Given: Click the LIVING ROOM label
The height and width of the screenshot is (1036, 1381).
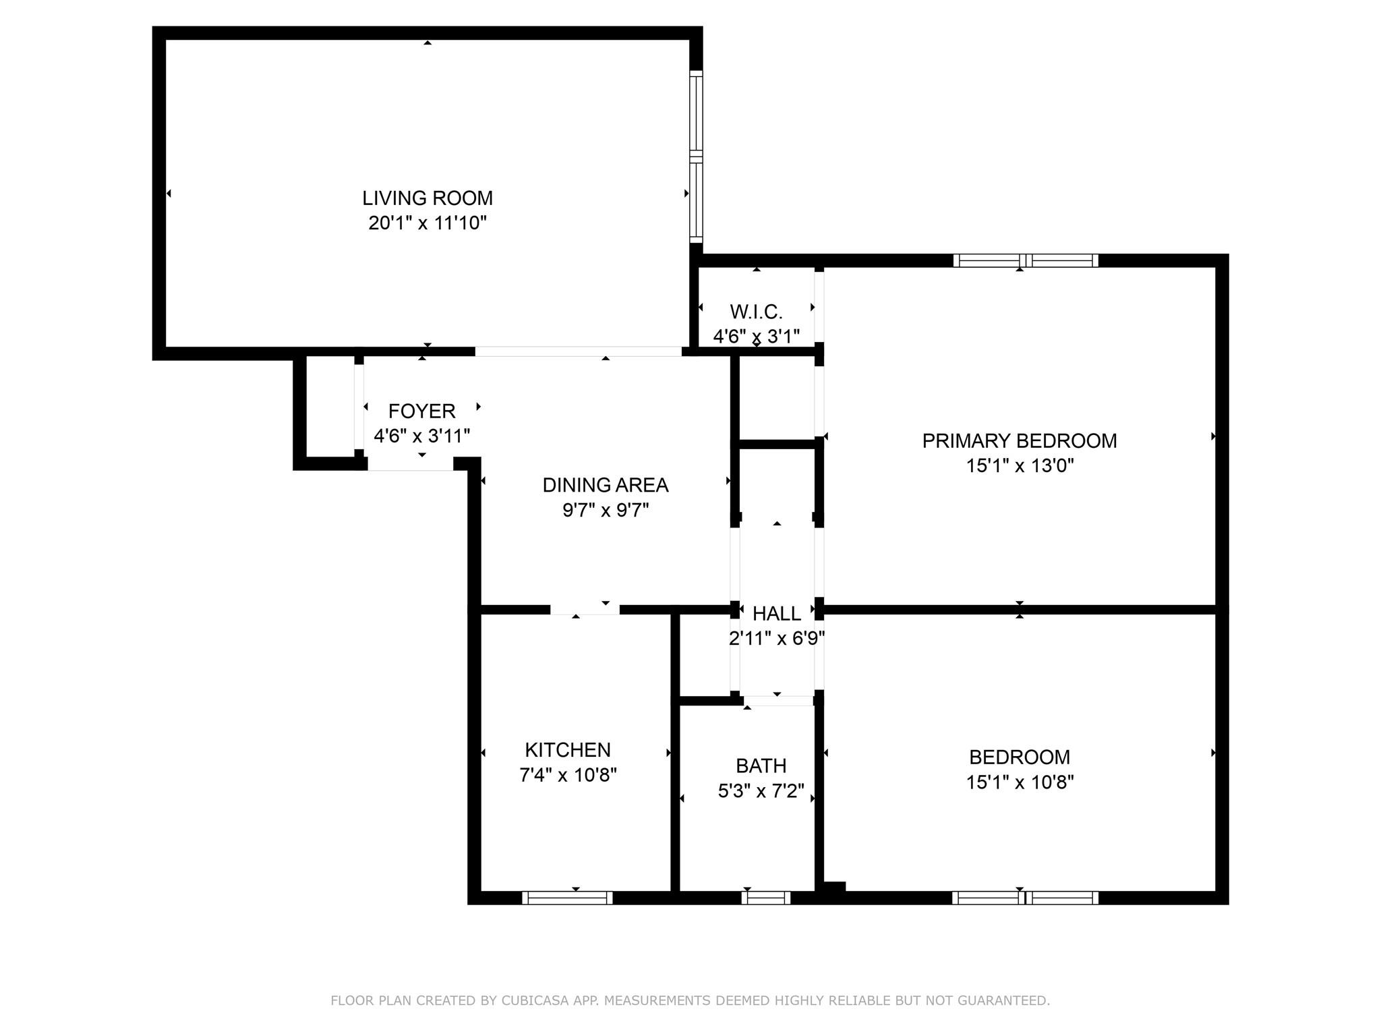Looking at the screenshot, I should click(x=428, y=198).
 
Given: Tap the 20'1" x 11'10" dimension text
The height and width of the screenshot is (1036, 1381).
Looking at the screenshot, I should click(x=428, y=223).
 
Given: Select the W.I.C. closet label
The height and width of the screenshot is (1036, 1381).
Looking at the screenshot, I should click(x=756, y=312).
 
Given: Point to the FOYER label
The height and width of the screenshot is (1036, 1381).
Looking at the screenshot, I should click(x=421, y=411).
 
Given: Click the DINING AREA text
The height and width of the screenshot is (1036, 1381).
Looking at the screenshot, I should click(x=605, y=485).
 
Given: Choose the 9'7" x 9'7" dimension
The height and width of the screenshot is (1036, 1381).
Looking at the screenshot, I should click(x=605, y=510).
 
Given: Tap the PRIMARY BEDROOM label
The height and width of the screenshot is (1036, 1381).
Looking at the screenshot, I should click(x=1019, y=440).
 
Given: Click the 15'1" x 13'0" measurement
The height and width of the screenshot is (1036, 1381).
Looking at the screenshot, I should click(x=1019, y=465).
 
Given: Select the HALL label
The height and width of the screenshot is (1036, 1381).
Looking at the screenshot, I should click(x=777, y=613).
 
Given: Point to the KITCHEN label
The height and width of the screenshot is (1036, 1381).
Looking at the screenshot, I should click(x=567, y=749).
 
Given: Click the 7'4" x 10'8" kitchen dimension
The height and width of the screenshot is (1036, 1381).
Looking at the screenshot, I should click(x=567, y=775).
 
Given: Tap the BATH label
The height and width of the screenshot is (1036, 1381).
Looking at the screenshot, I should click(x=761, y=766).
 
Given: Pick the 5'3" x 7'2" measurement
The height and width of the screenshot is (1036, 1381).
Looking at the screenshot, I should click(x=761, y=790).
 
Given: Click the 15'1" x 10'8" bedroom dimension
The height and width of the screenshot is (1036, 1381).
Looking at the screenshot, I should click(x=1019, y=782).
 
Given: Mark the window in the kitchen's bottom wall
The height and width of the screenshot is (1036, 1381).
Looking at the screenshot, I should click(x=567, y=898).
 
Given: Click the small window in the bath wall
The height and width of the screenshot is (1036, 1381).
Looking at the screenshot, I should click(x=765, y=898).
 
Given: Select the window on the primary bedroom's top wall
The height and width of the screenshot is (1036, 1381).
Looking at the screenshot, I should click(x=1025, y=260).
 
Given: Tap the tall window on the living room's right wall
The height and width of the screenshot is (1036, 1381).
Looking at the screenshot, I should click(x=696, y=156).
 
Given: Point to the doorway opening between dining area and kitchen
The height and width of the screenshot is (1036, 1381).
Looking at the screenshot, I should click(x=585, y=609).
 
